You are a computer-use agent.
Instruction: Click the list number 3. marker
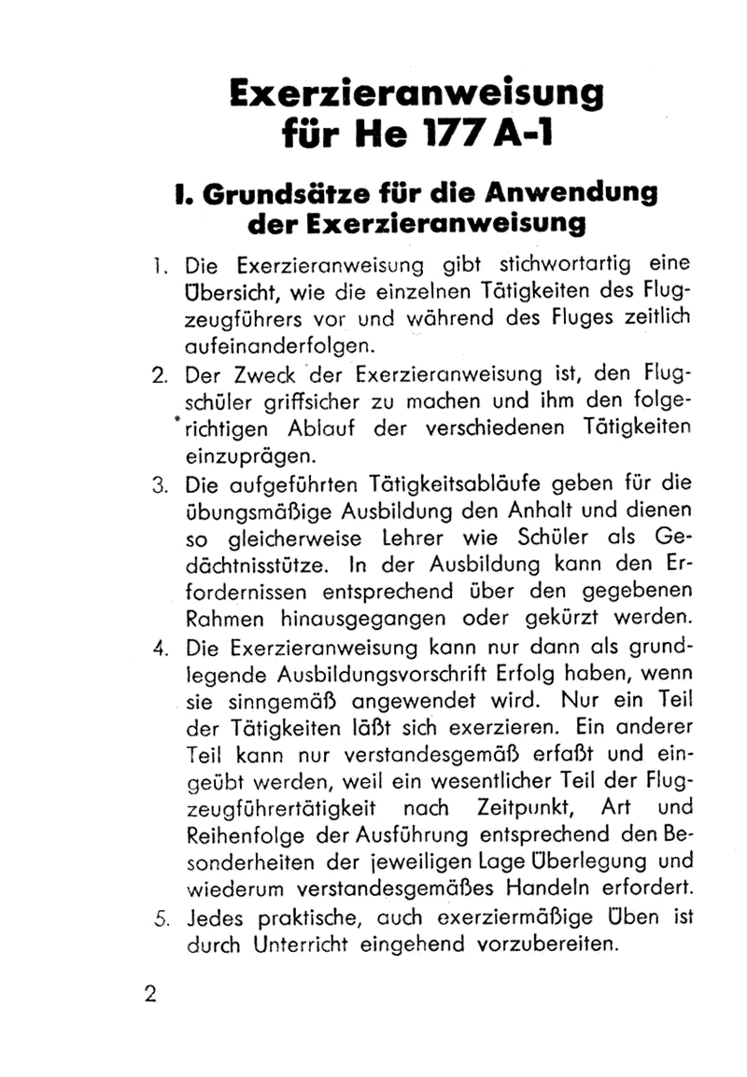click(x=158, y=484)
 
